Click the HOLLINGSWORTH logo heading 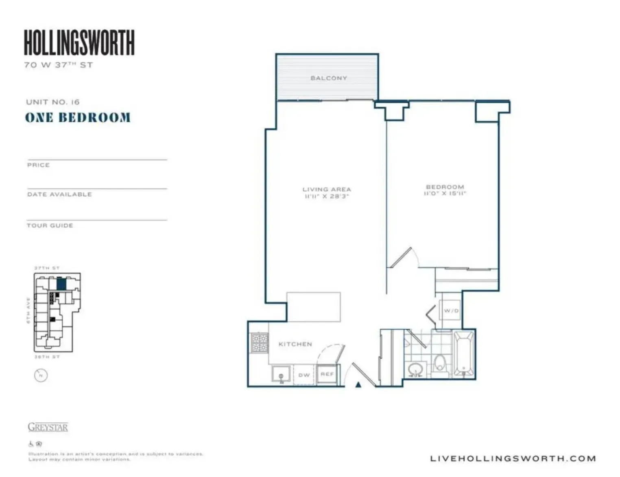click(x=79, y=42)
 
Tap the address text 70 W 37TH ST click(x=59, y=65)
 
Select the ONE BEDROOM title click(x=78, y=118)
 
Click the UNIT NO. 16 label click(x=53, y=102)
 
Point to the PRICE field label click(x=38, y=165)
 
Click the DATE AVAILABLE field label click(x=59, y=195)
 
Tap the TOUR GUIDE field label click(x=50, y=225)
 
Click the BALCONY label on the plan click(x=329, y=78)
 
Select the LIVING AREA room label click(x=327, y=189)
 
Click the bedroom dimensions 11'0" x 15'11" click(x=445, y=194)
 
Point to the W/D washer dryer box click(x=451, y=311)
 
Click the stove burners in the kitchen click(x=260, y=343)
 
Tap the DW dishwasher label click(x=304, y=375)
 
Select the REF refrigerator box click(x=327, y=374)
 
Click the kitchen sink click(x=281, y=374)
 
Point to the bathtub click(x=463, y=353)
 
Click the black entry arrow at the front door click(x=358, y=384)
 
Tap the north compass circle click(x=41, y=375)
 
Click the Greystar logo click(x=48, y=427)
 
